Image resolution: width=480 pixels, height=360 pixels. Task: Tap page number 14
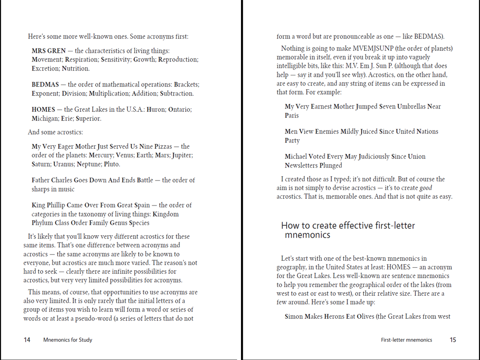(27, 340)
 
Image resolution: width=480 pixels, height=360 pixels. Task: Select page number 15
(453, 340)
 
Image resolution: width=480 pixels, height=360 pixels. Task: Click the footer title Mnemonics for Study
(68, 340)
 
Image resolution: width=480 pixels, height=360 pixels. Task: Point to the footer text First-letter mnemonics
(407, 340)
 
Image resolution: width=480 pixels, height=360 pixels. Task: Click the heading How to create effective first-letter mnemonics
(348, 230)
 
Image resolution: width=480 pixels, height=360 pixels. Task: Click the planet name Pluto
(112, 164)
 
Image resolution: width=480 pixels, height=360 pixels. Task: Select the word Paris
(292, 116)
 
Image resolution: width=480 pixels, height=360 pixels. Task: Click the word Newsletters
(304, 166)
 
